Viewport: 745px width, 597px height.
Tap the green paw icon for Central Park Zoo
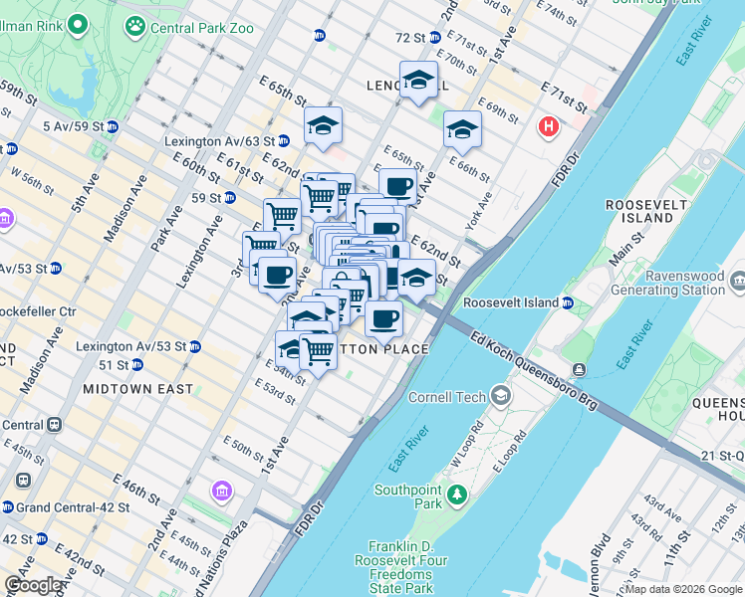135,27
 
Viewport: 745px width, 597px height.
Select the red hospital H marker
547,127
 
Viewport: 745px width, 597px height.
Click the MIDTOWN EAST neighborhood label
138,389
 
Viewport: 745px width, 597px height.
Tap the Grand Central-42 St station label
72,507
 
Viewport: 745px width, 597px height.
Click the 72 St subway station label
410,38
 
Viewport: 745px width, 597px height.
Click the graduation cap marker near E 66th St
461,129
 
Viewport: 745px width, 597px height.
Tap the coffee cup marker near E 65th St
397,186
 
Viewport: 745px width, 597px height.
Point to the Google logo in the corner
35,585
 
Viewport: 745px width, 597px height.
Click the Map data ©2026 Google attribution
682,589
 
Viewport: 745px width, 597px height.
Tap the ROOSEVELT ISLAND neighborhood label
646,212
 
